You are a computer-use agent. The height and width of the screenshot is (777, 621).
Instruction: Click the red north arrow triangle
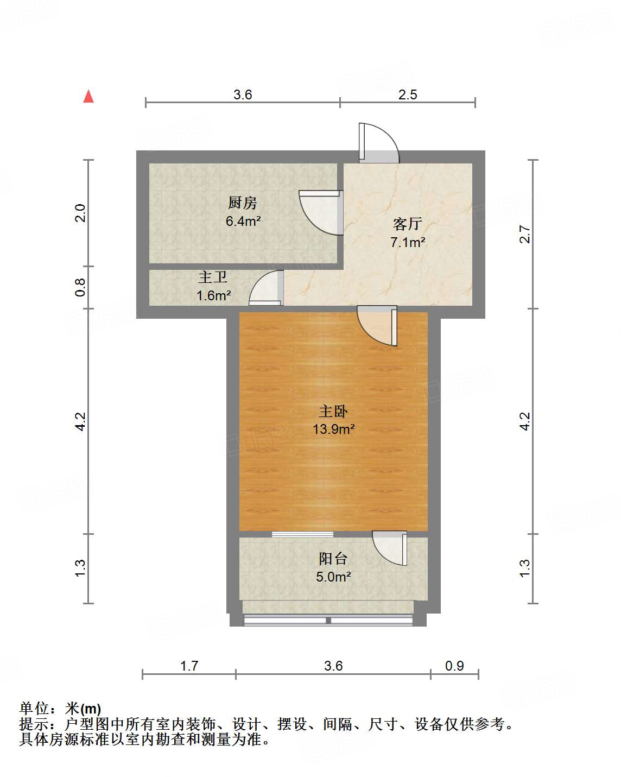[x=88, y=97]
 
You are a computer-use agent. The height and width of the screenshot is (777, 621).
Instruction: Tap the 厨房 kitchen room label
[x=242, y=203]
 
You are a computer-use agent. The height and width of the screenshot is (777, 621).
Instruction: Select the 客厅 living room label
[x=407, y=224]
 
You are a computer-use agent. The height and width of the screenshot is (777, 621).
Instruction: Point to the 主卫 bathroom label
[x=212, y=277]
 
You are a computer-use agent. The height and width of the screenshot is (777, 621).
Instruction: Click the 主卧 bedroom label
[x=333, y=411]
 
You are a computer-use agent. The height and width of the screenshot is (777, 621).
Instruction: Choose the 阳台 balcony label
[x=333, y=558]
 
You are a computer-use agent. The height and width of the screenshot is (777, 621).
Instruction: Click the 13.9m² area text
[x=333, y=429]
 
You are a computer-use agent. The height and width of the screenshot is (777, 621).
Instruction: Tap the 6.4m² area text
[x=243, y=221]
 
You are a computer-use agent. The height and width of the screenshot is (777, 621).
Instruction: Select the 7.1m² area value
[x=407, y=242]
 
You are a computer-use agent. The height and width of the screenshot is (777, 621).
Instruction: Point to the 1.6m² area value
[x=213, y=296]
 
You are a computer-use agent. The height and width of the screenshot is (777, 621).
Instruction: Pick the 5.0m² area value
[x=333, y=577]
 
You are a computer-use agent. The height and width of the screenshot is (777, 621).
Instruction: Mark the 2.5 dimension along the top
[x=408, y=95]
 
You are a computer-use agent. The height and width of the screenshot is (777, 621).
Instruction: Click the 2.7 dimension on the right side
[x=524, y=234]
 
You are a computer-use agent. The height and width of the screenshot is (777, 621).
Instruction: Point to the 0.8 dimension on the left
[x=80, y=287]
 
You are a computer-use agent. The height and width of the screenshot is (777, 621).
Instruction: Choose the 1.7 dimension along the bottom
[x=189, y=666]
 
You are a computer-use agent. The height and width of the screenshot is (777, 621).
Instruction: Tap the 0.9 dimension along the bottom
[x=454, y=666]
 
